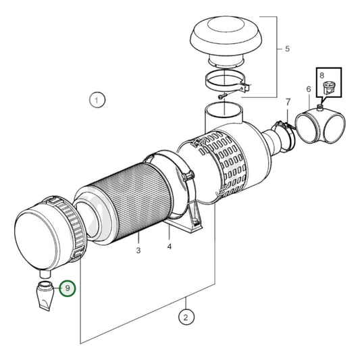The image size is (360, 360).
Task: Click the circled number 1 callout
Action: pyautogui.click(x=97, y=101)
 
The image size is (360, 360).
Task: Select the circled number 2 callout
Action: pyautogui.click(x=185, y=315)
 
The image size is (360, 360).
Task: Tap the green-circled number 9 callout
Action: pyautogui.click(x=68, y=288)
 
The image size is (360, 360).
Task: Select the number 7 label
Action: pyautogui.click(x=322, y=76)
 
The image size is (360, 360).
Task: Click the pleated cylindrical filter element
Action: pyautogui.click(x=128, y=199)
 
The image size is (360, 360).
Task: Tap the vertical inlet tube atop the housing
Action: pyautogui.click(x=222, y=115)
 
